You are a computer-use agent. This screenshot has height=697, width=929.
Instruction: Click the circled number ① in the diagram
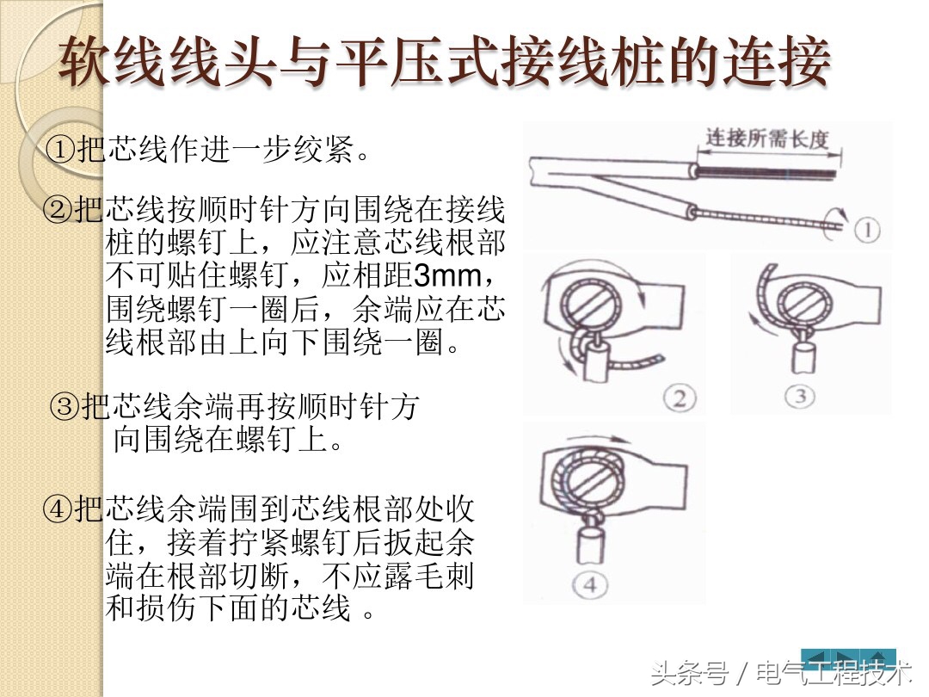[x=867, y=230]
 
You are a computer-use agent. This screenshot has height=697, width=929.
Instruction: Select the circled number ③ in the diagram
[x=799, y=395]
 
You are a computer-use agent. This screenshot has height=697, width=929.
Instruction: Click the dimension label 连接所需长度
[x=766, y=139]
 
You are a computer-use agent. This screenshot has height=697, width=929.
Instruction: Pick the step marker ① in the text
[x=59, y=151]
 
